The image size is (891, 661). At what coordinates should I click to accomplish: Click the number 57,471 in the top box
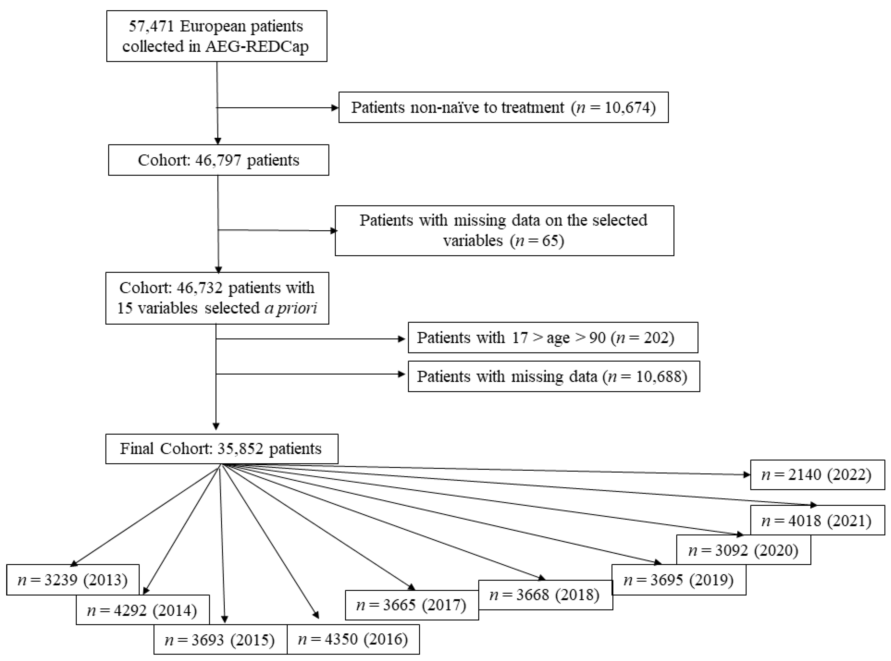pos(151,26)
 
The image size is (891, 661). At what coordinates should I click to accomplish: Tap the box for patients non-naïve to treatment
pos(503,107)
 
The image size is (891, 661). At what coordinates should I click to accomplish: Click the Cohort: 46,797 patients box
pos(219,160)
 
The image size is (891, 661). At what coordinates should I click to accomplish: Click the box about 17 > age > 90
pos(553,338)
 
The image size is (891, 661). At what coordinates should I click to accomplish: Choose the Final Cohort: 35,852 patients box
pos(221,449)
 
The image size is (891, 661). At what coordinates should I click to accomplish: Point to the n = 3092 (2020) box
pos(743,551)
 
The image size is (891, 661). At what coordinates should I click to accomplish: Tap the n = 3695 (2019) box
pos(679,580)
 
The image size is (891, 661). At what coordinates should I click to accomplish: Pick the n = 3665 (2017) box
pos(412,605)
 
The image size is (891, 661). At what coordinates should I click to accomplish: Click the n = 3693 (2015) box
pos(220,640)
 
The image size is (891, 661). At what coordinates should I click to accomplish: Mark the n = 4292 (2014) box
pos(142,611)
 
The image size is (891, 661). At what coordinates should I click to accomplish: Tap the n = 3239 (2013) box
pos(73,580)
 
